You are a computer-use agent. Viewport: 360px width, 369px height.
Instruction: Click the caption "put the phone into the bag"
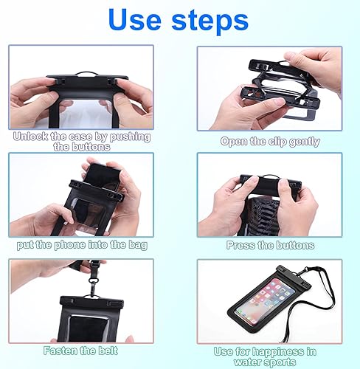pyautogui.click(x=81, y=244)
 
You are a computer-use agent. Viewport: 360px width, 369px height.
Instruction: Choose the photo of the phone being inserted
pyautogui.click(x=81, y=195)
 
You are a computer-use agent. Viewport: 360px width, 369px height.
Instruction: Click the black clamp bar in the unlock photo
pyautogui.click(x=81, y=77)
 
